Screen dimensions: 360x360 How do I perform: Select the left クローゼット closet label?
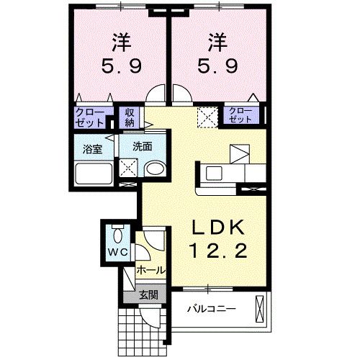click(x=89, y=117)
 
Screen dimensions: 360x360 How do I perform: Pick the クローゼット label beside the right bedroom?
click(x=240, y=114)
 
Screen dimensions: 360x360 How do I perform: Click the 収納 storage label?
click(x=130, y=117)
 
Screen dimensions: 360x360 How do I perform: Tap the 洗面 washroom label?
click(x=141, y=146)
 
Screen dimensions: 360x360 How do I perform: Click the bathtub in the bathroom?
click(x=94, y=174)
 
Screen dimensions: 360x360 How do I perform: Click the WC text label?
click(x=117, y=252)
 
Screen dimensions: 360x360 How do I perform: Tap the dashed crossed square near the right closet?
click(x=207, y=115)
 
